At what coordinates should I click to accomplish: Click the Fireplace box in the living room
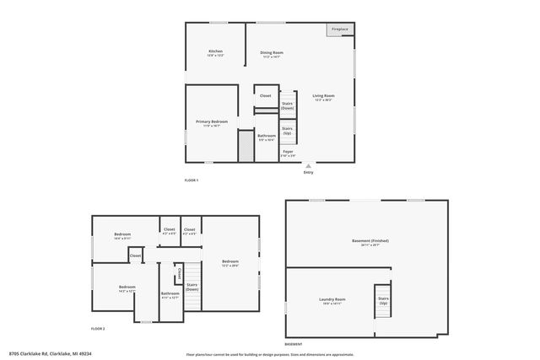pyautogui.click(x=340, y=30)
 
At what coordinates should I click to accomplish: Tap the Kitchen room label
pyautogui.click(x=216, y=53)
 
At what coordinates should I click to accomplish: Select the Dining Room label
pyautogui.click(x=272, y=54)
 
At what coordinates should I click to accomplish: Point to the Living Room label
pyautogui.click(x=324, y=97)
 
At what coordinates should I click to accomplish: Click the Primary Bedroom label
pyautogui.click(x=212, y=123)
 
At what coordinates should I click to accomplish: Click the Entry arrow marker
pyautogui.click(x=308, y=166)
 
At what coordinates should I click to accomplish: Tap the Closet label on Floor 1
pyautogui.click(x=265, y=96)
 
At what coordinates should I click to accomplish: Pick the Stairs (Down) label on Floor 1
pyautogui.click(x=288, y=105)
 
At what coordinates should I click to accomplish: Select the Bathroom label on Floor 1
pyautogui.click(x=267, y=137)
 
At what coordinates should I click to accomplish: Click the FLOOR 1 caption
pyautogui.click(x=192, y=180)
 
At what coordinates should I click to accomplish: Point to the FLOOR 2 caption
pyautogui.click(x=98, y=328)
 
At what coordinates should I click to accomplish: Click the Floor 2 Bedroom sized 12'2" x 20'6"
pyautogui.click(x=230, y=262)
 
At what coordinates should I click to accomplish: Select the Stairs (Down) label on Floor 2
pyautogui.click(x=192, y=287)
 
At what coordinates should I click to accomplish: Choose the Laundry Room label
pyautogui.click(x=332, y=301)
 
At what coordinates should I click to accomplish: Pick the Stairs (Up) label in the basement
pyautogui.click(x=383, y=300)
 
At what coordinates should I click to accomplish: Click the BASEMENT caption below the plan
pyautogui.click(x=293, y=345)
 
